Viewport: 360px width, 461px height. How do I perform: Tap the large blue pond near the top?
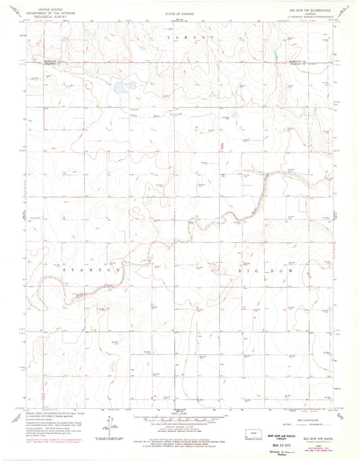point(119,87)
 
